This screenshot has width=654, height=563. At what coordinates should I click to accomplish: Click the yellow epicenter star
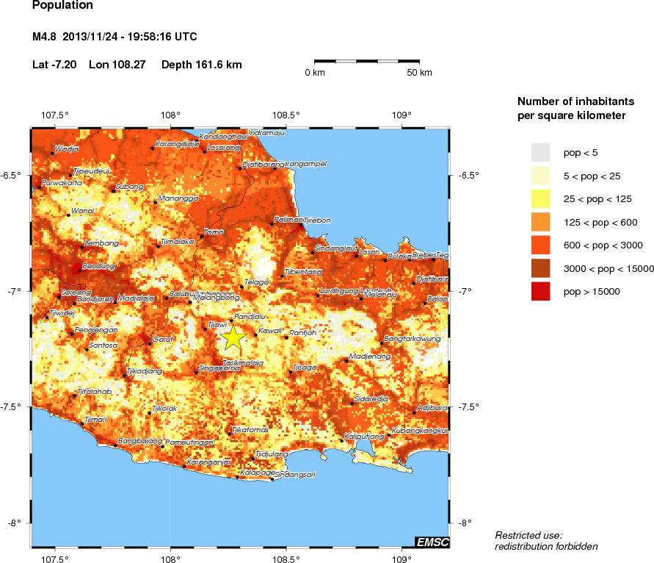tap(233, 337)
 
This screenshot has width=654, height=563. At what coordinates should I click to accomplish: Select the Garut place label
tap(162, 339)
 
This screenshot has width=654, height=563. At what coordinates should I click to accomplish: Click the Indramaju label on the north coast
tap(266, 133)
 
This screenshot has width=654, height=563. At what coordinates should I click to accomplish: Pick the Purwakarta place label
tap(62, 182)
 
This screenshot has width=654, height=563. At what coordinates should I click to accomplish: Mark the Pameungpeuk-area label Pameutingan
tap(190, 442)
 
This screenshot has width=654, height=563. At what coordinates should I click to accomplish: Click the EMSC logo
tap(432, 542)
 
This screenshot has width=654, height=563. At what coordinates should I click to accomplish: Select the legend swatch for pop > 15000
tap(540, 292)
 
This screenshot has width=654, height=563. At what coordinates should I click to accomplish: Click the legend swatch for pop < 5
tap(540, 152)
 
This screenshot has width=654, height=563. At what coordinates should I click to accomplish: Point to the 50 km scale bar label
tap(419, 73)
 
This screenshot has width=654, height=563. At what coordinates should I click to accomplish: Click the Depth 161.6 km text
tap(201, 65)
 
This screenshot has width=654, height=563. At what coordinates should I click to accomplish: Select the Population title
tap(62, 6)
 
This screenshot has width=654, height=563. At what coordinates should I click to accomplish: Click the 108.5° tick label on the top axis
tap(286, 115)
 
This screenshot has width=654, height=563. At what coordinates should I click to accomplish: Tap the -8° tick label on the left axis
tap(14, 523)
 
